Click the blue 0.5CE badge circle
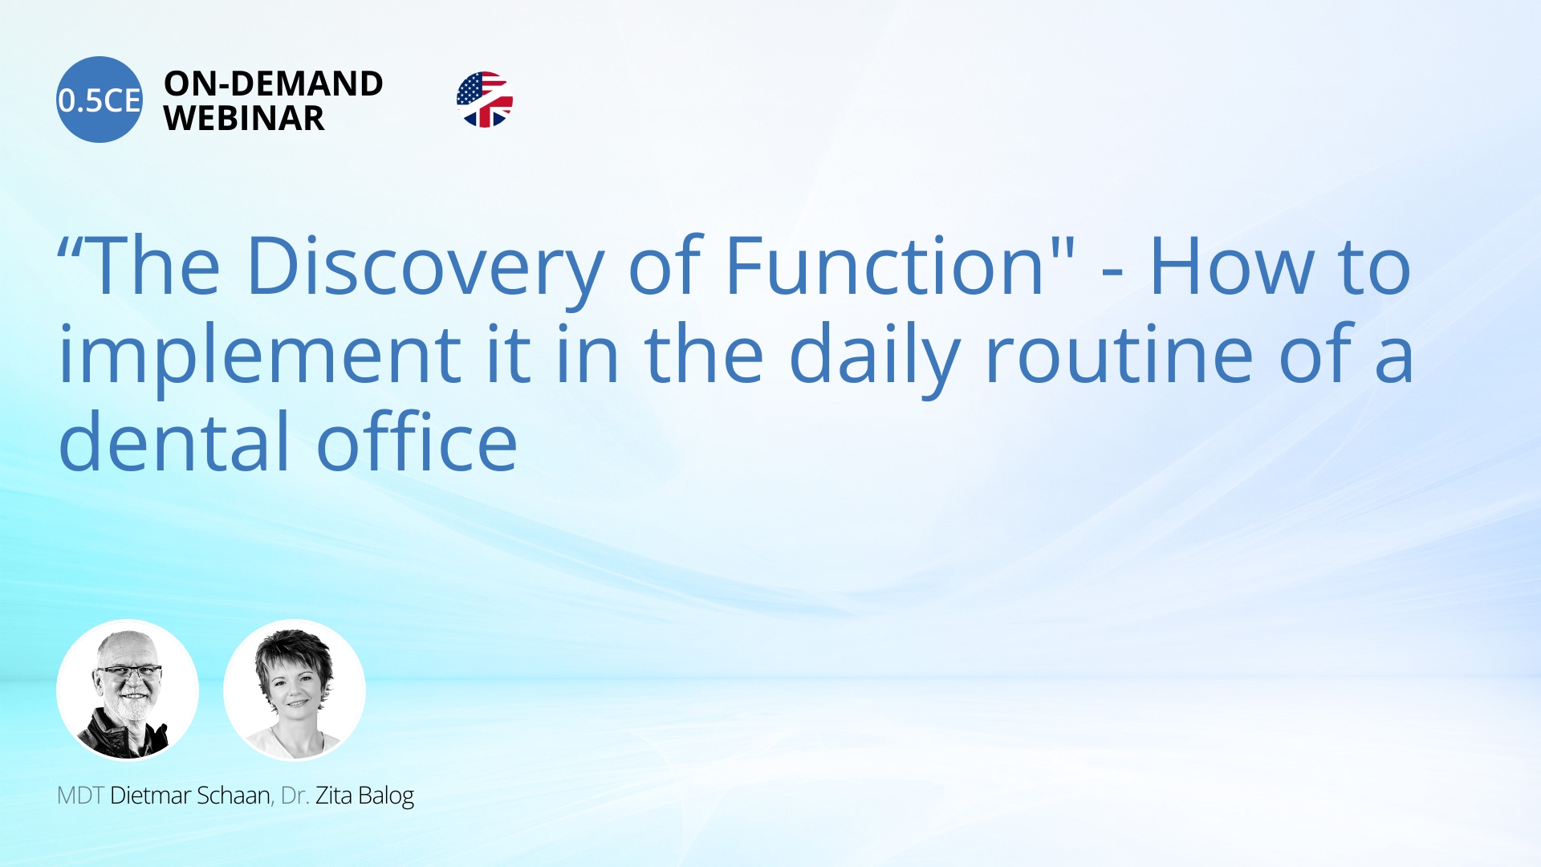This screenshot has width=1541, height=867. pos(100,100)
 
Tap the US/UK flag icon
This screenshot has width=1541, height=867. pos(485,100)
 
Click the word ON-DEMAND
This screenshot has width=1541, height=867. pos(274,83)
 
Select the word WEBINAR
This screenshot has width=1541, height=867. pos(244,119)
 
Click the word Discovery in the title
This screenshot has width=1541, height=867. pos(425,267)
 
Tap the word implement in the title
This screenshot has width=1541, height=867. pos(259,355)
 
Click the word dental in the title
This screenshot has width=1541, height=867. pos(173,442)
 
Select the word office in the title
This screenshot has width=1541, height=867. pos(417,442)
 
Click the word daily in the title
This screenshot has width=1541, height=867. pos(875,355)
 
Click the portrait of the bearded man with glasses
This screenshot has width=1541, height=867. pos(128,690)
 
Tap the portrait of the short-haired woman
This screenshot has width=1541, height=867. pos(295,690)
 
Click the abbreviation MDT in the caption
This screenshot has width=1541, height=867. pos(80,796)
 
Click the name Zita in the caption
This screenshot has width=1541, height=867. pos(334,796)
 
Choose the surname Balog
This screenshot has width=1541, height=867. pos(386,796)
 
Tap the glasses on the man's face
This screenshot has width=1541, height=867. pos(128,673)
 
